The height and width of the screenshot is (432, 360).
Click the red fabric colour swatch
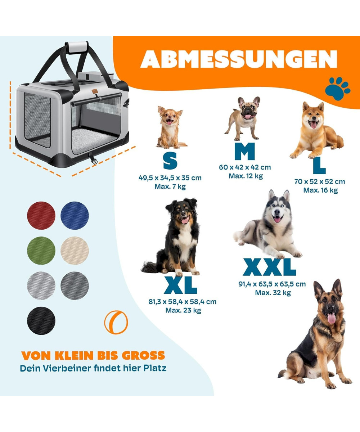(41, 215)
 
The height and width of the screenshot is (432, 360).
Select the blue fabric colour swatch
(75, 215)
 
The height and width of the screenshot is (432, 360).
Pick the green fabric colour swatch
(41, 251)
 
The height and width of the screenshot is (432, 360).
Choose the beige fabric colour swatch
(75, 251)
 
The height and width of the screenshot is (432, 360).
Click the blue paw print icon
(337, 89)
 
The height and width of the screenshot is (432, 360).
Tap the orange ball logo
(116, 322)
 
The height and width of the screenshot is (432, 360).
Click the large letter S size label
(170, 161)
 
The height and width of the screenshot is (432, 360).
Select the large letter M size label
(244, 151)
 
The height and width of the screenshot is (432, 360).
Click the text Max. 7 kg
(170, 186)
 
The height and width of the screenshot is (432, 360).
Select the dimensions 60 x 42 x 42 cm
(245, 167)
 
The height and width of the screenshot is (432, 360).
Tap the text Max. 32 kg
(273, 293)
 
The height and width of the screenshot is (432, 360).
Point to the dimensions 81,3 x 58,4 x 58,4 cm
(183, 302)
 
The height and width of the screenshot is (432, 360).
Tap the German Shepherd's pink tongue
(331, 318)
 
